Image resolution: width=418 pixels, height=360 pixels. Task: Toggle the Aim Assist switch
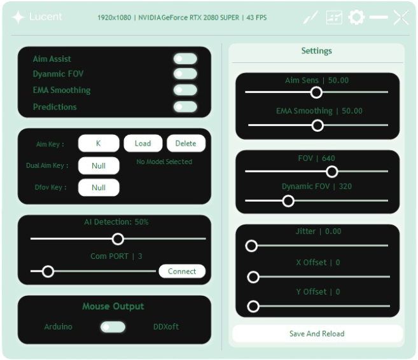click(185, 59)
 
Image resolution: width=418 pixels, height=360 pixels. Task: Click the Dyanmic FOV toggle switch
click(185, 74)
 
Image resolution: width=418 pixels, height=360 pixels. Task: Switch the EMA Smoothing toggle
click(185, 90)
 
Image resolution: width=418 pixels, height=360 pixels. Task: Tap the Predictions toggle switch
click(185, 107)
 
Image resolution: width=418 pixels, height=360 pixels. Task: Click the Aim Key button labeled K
click(99, 143)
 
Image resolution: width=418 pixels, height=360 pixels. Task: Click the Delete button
click(186, 143)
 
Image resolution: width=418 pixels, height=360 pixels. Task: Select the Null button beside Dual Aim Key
click(99, 165)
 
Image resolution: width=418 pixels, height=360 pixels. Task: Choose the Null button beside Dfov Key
click(99, 188)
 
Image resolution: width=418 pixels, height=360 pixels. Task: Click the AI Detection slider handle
click(118, 239)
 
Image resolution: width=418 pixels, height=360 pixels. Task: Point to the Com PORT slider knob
click(48, 272)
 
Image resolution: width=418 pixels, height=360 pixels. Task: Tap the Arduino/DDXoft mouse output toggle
click(113, 327)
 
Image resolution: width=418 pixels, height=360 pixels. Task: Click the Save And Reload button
click(317, 333)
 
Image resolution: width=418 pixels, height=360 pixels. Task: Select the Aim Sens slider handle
click(316, 92)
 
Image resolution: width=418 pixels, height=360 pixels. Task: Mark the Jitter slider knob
click(251, 246)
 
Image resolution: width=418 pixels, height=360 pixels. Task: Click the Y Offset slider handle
click(253, 307)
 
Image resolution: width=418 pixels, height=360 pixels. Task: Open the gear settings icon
click(356, 17)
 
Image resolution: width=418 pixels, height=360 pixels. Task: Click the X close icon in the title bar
click(401, 17)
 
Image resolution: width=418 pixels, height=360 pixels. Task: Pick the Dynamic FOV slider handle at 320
click(288, 201)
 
